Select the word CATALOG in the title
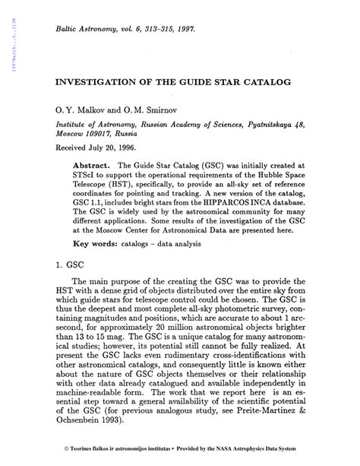click(x=271, y=80)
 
